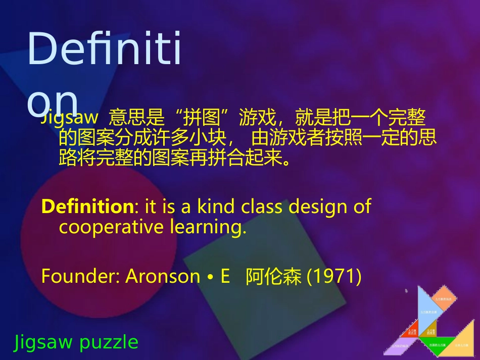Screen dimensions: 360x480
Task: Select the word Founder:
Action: pos(80,277)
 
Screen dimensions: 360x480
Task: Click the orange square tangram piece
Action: pos(444,298)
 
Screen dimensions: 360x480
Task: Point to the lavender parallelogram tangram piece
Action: pos(402,346)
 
